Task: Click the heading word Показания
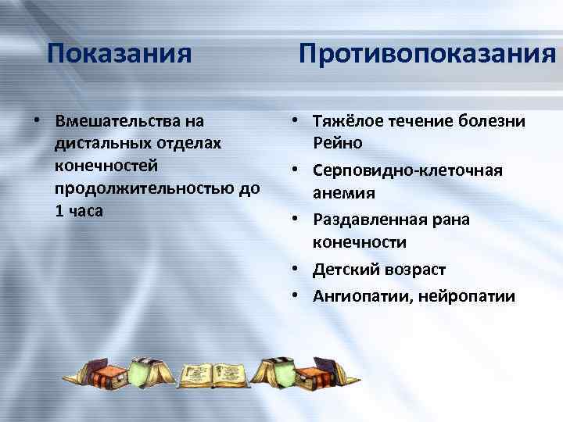119,54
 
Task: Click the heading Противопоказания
427,54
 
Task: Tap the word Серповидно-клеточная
407,170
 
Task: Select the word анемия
344,192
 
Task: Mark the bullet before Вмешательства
36,122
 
